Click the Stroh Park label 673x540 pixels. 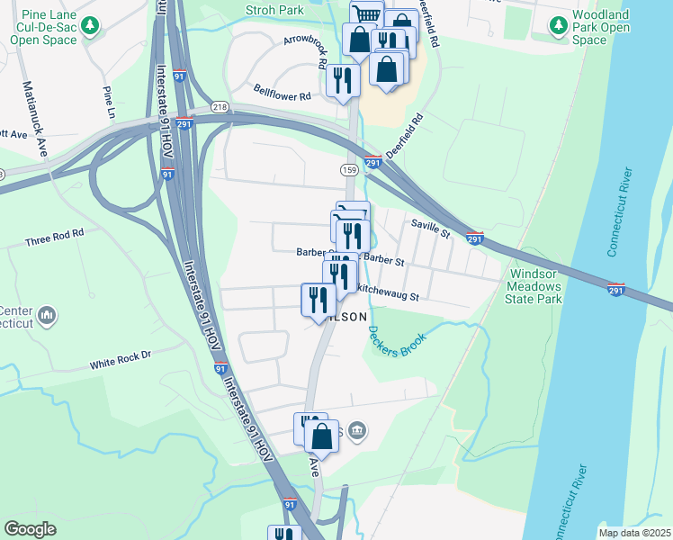pyautogui.click(x=275, y=11)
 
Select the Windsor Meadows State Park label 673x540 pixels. pyautogui.click(x=536, y=286)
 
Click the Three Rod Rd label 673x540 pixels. pyautogui.click(x=54, y=238)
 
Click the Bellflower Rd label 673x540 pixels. pyautogui.click(x=282, y=94)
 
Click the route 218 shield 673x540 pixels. pyautogui.click(x=220, y=107)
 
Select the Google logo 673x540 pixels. pyautogui.click(x=31, y=528)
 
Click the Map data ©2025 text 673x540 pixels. pyautogui.click(x=634, y=533)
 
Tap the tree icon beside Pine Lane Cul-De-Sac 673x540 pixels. pyautogui.click(x=89, y=26)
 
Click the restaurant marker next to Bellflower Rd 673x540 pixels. pyautogui.click(x=343, y=79)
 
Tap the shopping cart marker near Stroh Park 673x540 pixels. pyautogui.click(x=367, y=13)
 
